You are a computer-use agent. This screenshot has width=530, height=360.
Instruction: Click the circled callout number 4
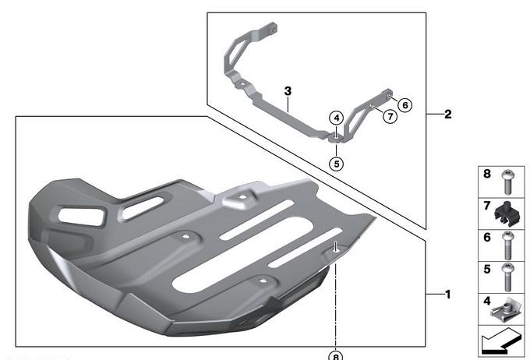(x=337, y=118)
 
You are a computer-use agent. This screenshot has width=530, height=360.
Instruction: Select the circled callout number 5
(x=337, y=164)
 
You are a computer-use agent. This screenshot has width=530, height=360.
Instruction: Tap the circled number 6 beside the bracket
(x=405, y=105)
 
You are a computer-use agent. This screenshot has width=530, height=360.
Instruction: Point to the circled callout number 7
(x=390, y=116)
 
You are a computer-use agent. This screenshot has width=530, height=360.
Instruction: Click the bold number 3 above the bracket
(x=288, y=91)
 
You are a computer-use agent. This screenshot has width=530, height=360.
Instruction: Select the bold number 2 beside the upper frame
(x=448, y=115)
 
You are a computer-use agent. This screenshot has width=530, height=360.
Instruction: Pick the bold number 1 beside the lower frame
(x=448, y=295)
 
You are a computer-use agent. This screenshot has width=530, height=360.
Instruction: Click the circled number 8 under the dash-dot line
(x=336, y=355)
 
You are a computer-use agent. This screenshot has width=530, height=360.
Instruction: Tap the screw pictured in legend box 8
(x=507, y=182)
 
